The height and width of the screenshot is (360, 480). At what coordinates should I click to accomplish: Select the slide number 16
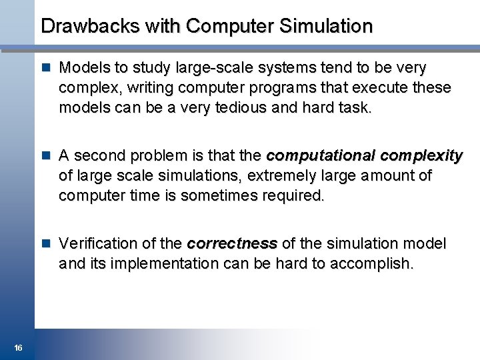coord(18,347)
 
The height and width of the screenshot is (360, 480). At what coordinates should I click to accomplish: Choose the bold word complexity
coord(421,156)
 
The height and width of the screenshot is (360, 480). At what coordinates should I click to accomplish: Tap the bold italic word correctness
coord(232,244)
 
